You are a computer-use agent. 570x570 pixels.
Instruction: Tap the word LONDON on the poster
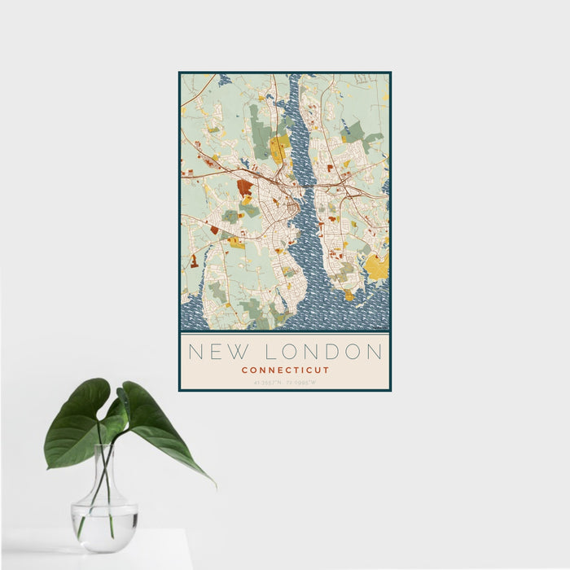point(324,352)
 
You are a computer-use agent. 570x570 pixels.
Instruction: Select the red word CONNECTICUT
point(285,370)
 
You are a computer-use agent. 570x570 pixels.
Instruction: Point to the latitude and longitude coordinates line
point(285,382)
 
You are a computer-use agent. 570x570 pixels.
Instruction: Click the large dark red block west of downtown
point(244,187)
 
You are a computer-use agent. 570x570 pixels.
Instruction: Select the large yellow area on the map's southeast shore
point(376,265)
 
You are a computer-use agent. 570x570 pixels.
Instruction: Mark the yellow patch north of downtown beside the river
point(279,148)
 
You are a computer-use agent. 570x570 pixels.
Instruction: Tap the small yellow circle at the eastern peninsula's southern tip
point(349,296)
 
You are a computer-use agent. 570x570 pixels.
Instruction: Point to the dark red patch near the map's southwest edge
point(194,261)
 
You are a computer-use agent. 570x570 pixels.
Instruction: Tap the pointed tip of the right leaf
point(214,485)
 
